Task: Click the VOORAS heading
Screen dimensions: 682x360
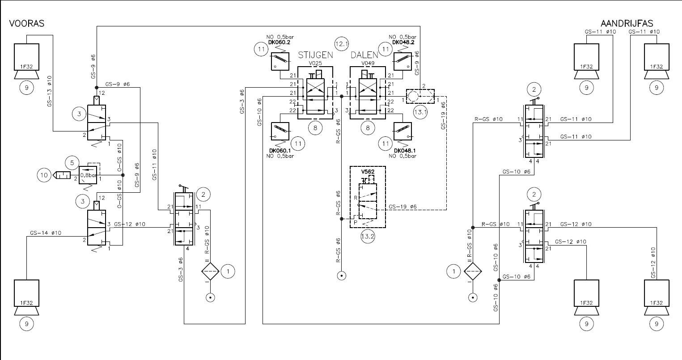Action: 27,23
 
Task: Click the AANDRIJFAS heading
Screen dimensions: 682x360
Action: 627,23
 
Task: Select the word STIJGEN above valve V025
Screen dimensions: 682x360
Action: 315,55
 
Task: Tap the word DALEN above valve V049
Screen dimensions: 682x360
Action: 364,55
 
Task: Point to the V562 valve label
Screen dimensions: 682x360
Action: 368,172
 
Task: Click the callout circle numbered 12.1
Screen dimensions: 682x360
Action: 341,44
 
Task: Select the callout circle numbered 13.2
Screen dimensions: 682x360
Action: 368,236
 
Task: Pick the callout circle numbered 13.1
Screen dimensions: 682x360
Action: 420,112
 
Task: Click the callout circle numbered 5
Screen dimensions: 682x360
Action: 72,163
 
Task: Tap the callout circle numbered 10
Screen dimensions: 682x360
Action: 44,175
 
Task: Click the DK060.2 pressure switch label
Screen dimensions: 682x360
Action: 279,42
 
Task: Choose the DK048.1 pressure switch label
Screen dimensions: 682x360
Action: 405,151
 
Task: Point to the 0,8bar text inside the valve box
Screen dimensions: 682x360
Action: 88,175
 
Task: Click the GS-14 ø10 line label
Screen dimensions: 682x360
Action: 46,233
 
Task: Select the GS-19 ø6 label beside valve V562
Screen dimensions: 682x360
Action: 402,207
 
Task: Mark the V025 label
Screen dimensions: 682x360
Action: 315,64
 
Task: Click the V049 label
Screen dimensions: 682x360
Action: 368,64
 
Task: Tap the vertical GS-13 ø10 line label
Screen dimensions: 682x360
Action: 49,91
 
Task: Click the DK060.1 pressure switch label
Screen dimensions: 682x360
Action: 280,151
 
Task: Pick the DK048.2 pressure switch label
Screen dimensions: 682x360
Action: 403,42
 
